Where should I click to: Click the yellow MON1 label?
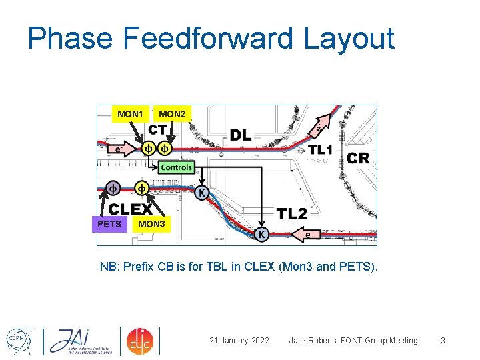click(x=130, y=114)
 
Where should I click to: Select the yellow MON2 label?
click(x=172, y=114)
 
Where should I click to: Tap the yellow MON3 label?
click(x=151, y=224)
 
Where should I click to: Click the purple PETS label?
click(x=109, y=224)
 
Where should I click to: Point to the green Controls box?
click(x=177, y=167)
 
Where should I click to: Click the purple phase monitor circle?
click(x=113, y=188)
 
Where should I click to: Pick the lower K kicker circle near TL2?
click(x=263, y=235)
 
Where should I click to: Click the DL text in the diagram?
click(x=241, y=135)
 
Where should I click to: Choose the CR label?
click(x=358, y=158)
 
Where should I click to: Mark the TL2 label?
click(x=292, y=213)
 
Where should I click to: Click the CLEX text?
click(x=130, y=209)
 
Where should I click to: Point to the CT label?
click(x=157, y=129)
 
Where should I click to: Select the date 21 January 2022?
click(x=239, y=341)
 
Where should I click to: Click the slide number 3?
click(x=443, y=341)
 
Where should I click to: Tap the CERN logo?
click(x=19, y=340)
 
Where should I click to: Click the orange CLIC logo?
click(x=140, y=340)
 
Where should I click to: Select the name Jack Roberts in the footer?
click(x=315, y=341)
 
